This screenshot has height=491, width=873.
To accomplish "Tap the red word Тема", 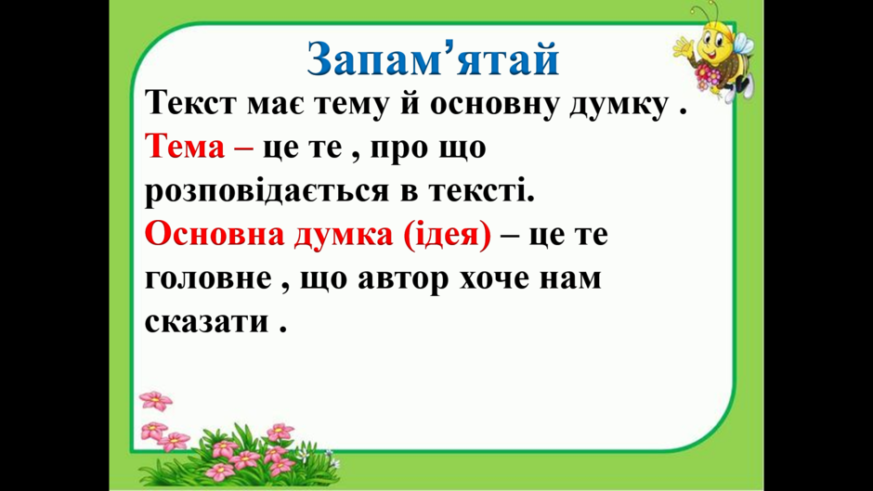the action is click(x=185, y=148).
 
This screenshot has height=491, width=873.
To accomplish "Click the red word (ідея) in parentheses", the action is click(x=447, y=235).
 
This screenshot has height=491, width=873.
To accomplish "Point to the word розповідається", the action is click(x=267, y=192).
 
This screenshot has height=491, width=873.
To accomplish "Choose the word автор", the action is click(x=402, y=279).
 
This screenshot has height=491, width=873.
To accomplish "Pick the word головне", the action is click(x=208, y=278).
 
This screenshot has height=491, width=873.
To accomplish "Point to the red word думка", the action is click(x=344, y=235).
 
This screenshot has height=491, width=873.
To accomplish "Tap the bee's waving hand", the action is click(x=682, y=46).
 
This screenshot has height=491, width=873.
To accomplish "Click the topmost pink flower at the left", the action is click(x=156, y=400).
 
